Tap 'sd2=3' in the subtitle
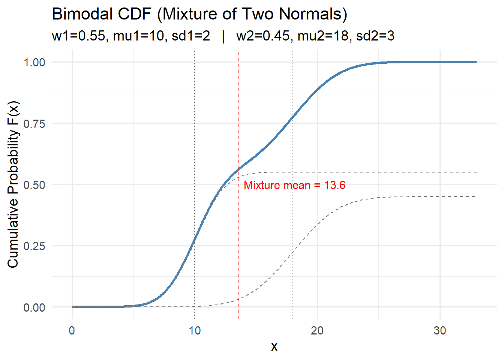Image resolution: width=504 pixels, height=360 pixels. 375,36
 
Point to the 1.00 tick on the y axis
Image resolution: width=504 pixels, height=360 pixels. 34,62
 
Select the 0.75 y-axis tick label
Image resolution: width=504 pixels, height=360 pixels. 34,123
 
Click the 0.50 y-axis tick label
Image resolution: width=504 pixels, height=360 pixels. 34,185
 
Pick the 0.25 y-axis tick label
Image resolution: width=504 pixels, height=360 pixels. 34,246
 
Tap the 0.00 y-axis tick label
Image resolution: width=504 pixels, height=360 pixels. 34,307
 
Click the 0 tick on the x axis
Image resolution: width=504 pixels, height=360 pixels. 72,330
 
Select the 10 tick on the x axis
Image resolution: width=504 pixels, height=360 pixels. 195,330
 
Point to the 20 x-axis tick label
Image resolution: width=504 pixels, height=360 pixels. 317,330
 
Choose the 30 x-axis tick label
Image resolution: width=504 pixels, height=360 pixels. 440,330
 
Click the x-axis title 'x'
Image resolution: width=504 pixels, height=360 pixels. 274,346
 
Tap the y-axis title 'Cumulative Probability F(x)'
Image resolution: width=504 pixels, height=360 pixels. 13,184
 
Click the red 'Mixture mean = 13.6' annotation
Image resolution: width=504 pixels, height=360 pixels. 294,185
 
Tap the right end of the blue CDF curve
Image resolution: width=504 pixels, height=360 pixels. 475,62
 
